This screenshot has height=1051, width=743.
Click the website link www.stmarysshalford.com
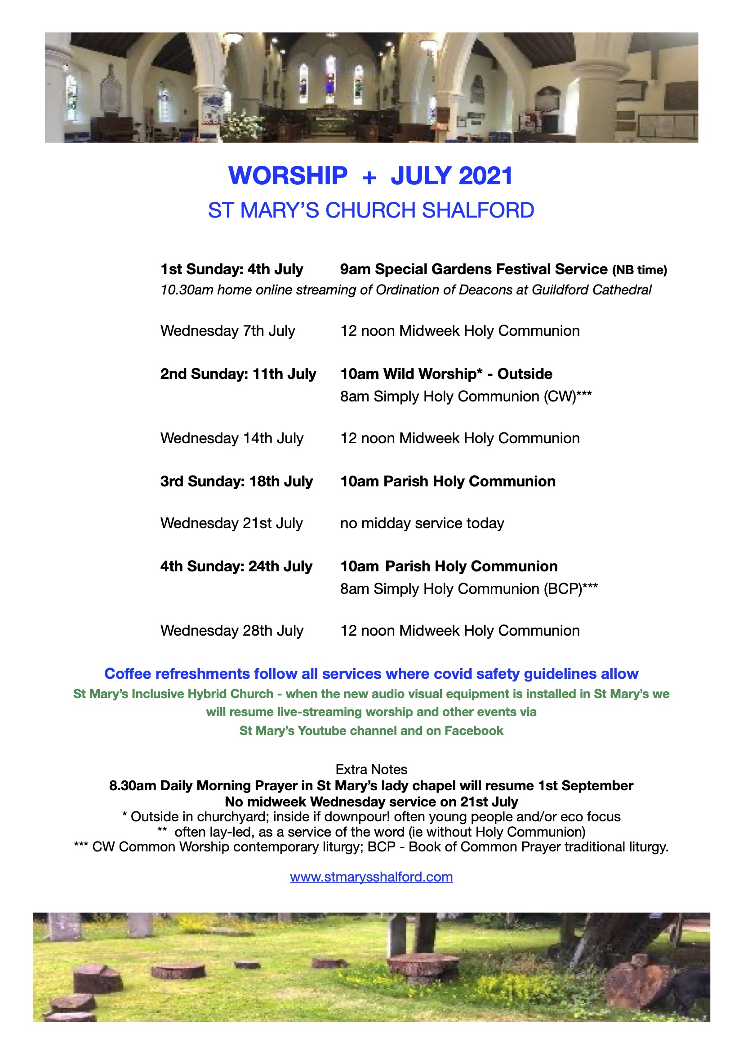[x=371, y=877]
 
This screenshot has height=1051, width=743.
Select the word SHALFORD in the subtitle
[x=478, y=210]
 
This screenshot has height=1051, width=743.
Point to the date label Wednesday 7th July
[x=227, y=331]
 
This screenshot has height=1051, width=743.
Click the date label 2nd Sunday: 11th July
[x=238, y=374]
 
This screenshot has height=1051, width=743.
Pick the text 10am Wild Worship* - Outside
[x=446, y=374]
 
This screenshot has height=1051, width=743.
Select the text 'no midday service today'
[x=422, y=523]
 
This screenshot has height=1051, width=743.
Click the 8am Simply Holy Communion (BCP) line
[x=468, y=589]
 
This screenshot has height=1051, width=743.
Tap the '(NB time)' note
[x=640, y=270]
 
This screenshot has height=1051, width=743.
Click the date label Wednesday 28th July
[x=231, y=631]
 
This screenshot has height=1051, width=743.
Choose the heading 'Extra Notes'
[x=371, y=770]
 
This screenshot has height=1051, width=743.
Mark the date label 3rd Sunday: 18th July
[x=236, y=481]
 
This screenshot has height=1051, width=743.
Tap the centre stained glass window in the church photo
[x=329, y=80]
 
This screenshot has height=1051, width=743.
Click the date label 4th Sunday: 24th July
[x=236, y=567]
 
